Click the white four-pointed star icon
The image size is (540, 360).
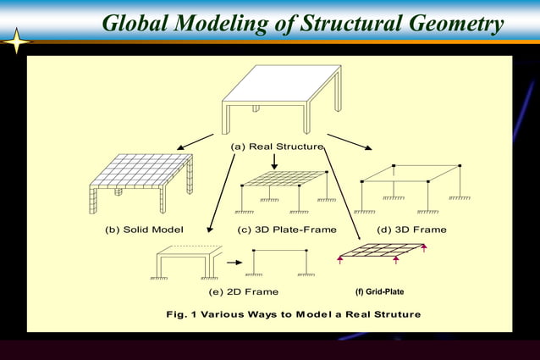16,41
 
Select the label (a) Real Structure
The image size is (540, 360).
277,146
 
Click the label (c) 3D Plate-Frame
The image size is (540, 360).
287,230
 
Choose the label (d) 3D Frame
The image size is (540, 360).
412,230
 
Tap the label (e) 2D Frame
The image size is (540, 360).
243,292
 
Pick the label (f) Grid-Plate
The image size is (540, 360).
379,292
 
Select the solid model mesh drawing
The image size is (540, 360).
141,180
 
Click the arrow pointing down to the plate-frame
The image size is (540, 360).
273,161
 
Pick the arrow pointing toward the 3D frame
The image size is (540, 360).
350,141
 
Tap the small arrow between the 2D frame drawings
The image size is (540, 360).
234,263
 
